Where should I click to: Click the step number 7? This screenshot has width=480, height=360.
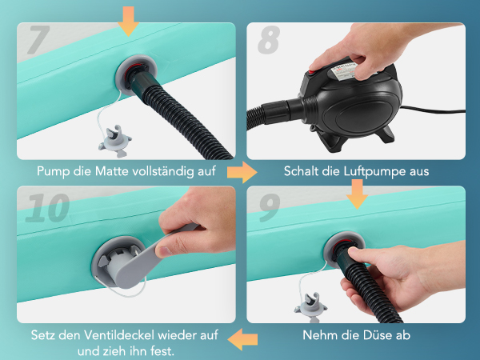pos(39,39)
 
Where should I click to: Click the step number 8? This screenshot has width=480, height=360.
pos(269,40)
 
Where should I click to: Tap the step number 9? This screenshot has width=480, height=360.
pos(270,207)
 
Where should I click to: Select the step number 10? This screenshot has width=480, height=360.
pos(47,207)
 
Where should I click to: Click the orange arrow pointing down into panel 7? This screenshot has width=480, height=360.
pos(128,21)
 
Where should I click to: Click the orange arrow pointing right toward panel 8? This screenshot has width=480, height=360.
pos(242,172)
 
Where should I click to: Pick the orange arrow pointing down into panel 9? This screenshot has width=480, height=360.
pos(357,194)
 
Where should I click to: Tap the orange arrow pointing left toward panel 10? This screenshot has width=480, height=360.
pos(242,339)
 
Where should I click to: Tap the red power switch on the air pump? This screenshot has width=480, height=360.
pos(312,72)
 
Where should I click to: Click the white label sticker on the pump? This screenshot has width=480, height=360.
pos(343,71)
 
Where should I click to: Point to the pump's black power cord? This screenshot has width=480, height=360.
pos(432,110)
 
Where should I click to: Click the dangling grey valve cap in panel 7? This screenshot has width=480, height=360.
pos(114,142)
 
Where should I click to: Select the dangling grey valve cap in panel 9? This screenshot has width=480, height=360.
pos(310,307)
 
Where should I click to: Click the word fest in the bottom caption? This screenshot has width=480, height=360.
pos(162,350)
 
